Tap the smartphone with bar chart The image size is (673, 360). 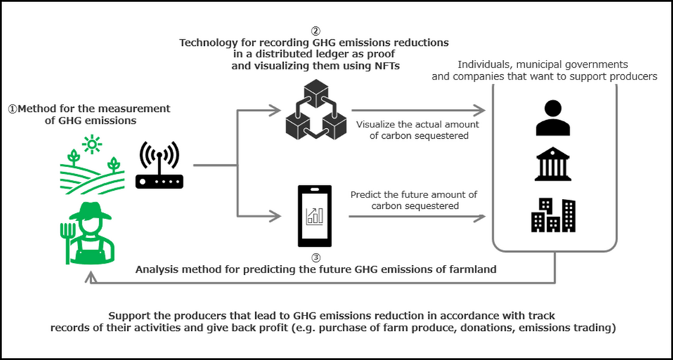coord(314,215)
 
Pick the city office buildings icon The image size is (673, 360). coord(552,214)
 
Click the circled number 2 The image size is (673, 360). coord(314,30)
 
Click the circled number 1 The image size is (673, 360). coord(13,109)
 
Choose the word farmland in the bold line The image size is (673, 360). coord(473,269)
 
